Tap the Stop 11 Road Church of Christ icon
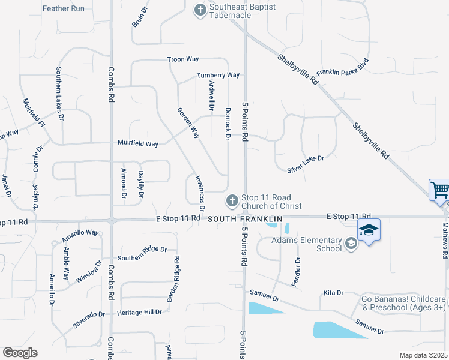(232, 200)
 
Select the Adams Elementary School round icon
(351, 244)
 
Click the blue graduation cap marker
(369, 230)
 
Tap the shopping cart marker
(440, 190)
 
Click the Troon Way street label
(183, 59)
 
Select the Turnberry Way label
(218, 75)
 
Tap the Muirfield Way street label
(138, 144)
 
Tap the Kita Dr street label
(333, 293)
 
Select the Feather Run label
(64, 9)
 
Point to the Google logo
(20, 353)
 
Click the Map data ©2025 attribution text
(423, 355)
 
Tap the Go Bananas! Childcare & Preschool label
(403, 303)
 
